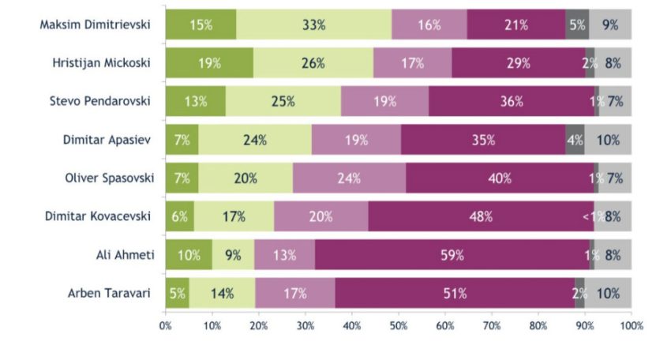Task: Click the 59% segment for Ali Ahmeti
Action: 452,255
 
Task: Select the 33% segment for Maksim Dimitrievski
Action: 313,24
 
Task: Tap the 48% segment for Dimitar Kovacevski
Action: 481,216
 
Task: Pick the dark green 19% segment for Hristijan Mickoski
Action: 209,63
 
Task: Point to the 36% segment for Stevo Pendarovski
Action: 512,101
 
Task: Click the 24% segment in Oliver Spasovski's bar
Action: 349,178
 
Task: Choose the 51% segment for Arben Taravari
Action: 455,293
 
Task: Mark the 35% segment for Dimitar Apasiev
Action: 483,140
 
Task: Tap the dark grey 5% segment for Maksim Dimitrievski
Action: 577,24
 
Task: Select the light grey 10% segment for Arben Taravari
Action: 608,293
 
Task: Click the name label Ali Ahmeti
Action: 125,255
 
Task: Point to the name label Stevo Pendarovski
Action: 100,101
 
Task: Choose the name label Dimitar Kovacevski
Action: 98,216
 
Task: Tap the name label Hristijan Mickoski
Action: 101,63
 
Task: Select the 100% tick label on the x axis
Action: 632,326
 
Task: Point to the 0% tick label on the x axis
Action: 165,326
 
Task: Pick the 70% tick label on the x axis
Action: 492,326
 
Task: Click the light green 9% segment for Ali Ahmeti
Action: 233,255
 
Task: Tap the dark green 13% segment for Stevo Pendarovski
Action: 196,101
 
